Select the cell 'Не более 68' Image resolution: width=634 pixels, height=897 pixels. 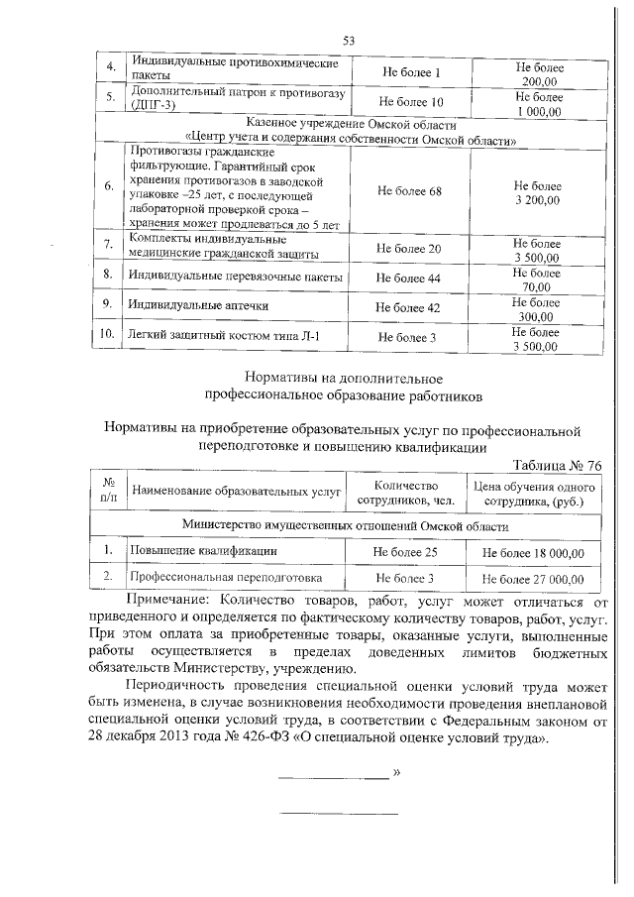[408, 191]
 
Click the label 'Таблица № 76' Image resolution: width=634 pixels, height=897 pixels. [558, 466]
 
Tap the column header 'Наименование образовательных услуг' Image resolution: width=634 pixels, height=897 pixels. [236, 492]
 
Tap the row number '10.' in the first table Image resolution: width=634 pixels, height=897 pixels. [106, 336]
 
